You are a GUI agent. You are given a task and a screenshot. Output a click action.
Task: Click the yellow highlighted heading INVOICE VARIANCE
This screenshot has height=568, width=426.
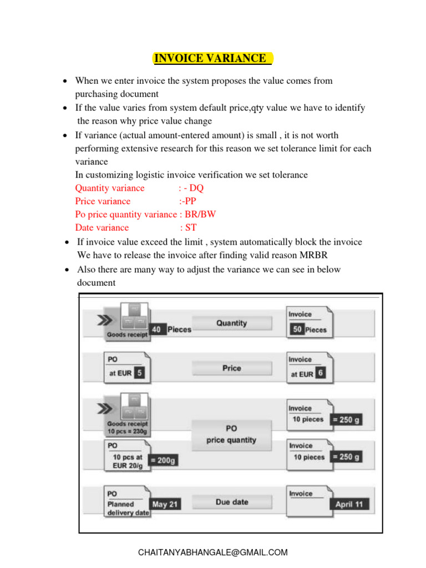click(x=212, y=58)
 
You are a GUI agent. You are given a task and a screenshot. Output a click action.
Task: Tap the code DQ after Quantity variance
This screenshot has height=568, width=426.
click(x=196, y=188)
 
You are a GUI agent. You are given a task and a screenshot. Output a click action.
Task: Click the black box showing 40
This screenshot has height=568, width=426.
click(x=157, y=329)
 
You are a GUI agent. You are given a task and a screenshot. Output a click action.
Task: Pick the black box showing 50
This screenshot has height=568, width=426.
click(x=297, y=329)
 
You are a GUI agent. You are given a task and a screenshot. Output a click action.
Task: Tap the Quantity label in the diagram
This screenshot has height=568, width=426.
click(x=231, y=323)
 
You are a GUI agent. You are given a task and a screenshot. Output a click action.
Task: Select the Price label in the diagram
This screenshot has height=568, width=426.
click(x=231, y=368)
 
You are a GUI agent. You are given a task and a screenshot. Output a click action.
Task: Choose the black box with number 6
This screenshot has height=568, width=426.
click(x=320, y=373)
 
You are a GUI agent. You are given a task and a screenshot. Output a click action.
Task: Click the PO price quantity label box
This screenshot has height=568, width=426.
click(x=232, y=434)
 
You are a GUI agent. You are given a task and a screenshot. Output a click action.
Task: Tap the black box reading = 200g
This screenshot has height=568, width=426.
click(x=164, y=460)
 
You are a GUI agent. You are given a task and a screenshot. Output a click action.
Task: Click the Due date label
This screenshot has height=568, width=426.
click(x=232, y=502)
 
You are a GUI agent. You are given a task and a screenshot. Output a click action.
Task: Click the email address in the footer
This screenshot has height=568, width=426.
click(x=212, y=552)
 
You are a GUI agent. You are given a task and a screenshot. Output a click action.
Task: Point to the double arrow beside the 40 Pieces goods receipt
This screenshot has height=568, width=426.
click(x=104, y=321)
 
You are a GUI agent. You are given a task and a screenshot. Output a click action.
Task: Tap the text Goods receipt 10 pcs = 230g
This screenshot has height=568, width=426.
click(x=128, y=428)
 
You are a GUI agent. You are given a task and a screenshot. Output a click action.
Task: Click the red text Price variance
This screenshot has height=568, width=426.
click(x=103, y=201)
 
